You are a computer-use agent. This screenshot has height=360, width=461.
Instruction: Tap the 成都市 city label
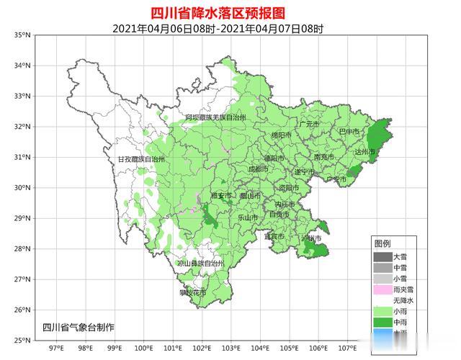[257, 168]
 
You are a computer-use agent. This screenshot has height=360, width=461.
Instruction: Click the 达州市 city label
[366, 152]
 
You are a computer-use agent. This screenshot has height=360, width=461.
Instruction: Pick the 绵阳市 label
[281, 135]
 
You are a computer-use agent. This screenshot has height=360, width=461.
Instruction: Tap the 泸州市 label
[310, 238]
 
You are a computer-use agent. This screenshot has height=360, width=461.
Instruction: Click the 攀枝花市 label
[192, 293]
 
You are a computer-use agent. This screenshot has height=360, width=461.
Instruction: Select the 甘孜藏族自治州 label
[141, 158]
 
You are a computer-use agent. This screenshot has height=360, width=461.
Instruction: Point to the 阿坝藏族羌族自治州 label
[215, 117]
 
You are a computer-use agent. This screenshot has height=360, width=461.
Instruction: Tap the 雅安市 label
[221, 195]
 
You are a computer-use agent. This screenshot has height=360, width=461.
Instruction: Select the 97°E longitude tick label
[55, 349]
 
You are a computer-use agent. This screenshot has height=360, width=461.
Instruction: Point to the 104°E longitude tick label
[261, 349]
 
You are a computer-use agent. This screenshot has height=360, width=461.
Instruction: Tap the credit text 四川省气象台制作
[79, 328]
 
